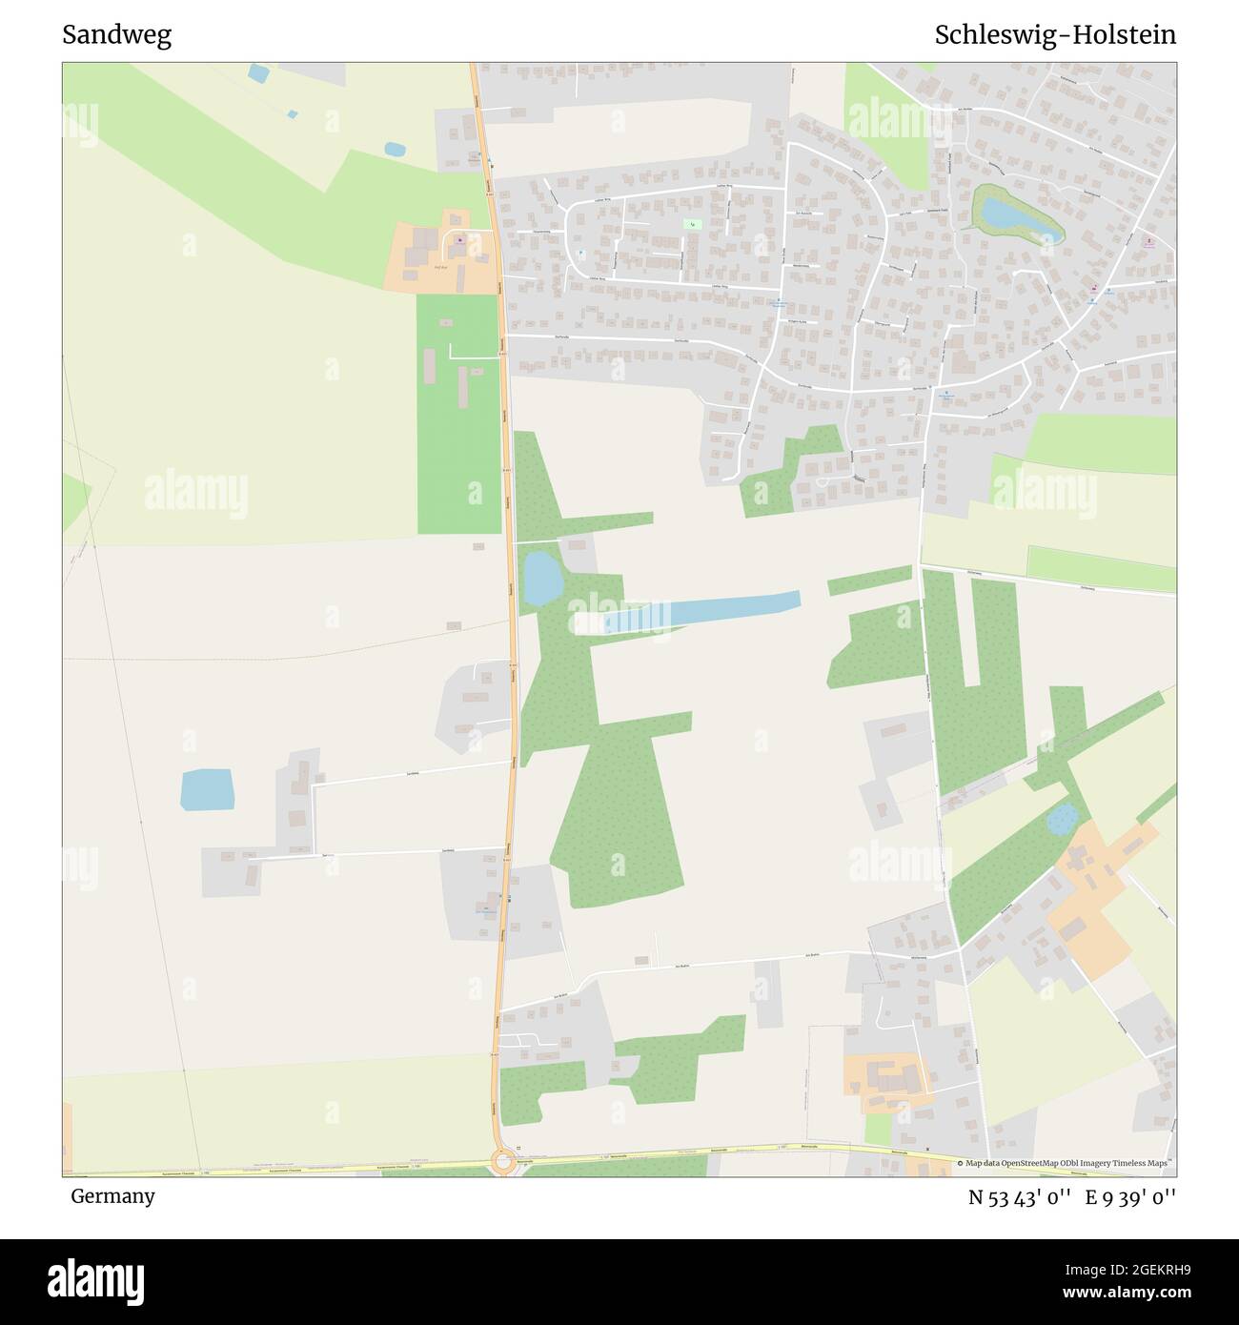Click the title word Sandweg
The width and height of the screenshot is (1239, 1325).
(116, 35)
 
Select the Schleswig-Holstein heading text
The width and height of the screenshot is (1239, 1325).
(1055, 35)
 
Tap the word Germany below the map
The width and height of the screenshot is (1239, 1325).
(112, 1196)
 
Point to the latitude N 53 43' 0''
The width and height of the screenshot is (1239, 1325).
(1021, 1197)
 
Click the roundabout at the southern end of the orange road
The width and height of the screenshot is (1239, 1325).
(502, 1161)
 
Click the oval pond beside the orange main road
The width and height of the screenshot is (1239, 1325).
(542, 578)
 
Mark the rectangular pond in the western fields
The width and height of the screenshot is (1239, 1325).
(208, 789)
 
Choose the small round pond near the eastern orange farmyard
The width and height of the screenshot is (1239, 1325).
(1062, 818)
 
